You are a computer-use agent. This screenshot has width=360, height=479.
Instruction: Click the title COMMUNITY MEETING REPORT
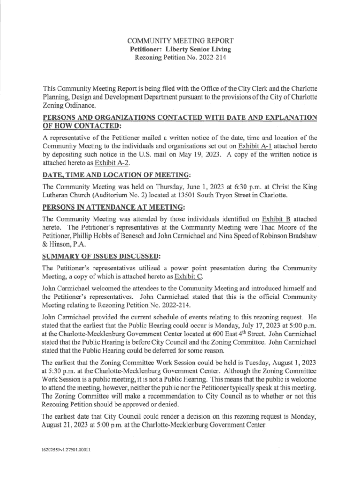180,41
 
